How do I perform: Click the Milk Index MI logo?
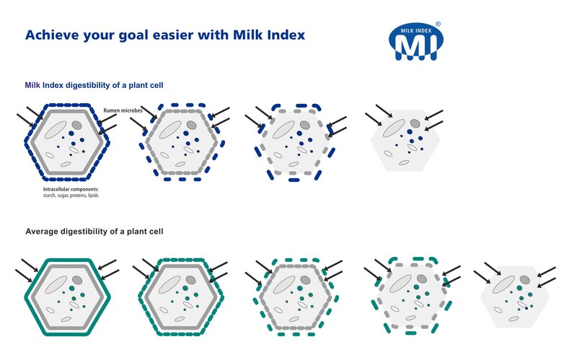tap(416, 42)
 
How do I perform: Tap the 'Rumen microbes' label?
tap(123, 110)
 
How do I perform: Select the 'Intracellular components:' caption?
tap(71, 189)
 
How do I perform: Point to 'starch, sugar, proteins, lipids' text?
tap(71, 196)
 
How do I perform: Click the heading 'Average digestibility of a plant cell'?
tap(94, 232)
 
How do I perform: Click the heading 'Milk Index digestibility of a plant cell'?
tap(94, 85)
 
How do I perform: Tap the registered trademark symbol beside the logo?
tap(438, 25)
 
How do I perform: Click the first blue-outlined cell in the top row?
tap(67, 142)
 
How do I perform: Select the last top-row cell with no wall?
tap(405, 140)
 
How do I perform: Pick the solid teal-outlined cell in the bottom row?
tap(67, 297)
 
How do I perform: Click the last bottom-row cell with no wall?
tap(515, 297)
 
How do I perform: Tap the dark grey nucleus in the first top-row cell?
tap(76, 125)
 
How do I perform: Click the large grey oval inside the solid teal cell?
tap(56, 285)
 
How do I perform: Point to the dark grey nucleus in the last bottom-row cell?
tap(525, 280)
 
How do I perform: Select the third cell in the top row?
tap(295, 142)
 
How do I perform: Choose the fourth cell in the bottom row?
tap(412, 296)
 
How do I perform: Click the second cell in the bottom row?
tap(181, 297)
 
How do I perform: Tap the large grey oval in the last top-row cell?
tap(394, 128)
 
